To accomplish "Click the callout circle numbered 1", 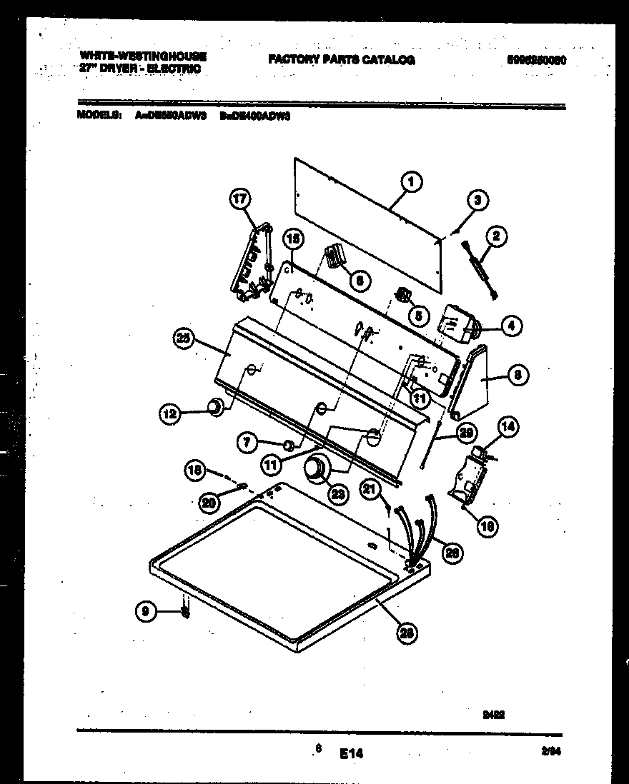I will (x=411, y=183).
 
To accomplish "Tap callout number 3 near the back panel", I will (x=477, y=201).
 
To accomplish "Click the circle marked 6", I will (x=359, y=281).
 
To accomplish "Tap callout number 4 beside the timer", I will (x=510, y=326).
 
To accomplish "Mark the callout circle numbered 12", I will (x=171, y=411).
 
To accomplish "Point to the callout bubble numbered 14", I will (x=507, y=427).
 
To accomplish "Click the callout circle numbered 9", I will (x=146, y=610).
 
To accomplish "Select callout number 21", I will (x=370, y=488).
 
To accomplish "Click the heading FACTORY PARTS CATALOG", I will (x=342, y=61).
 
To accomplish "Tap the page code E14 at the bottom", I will (x=352, y=753).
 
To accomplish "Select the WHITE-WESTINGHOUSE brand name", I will (x=142, y=56).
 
